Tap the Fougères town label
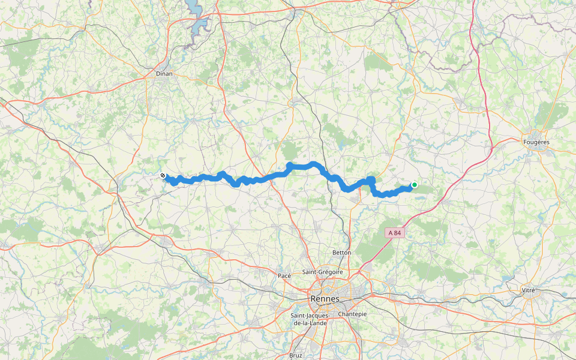coord(536,142)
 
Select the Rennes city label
coord(325,299)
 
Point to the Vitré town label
coord(528,290)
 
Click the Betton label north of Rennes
coord(341,253)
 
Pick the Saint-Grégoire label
coord(323,272)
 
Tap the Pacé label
coord(284,275)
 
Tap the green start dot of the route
coord(414,185)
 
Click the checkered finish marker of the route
coord(163,175)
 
